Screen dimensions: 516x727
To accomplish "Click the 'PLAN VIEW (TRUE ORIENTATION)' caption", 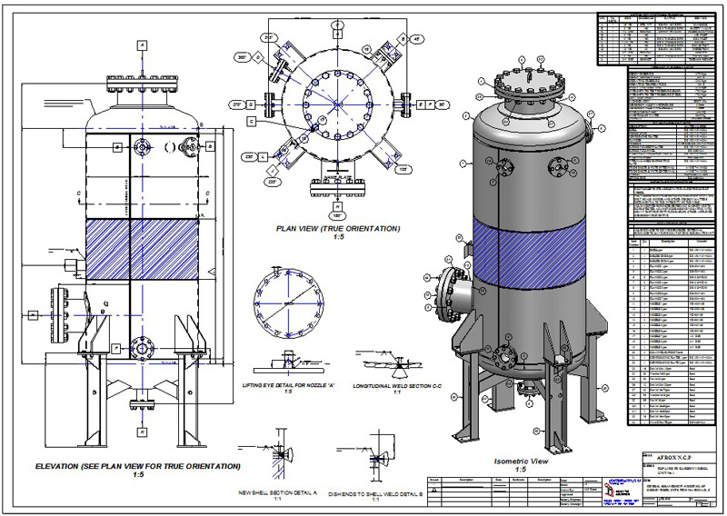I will (x=338, y=228).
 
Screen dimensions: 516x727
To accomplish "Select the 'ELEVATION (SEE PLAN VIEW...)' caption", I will (x=138, y=466).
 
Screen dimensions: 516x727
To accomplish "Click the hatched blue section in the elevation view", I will (x=140, y=248).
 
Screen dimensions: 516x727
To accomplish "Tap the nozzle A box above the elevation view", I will (x=142, y=45).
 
